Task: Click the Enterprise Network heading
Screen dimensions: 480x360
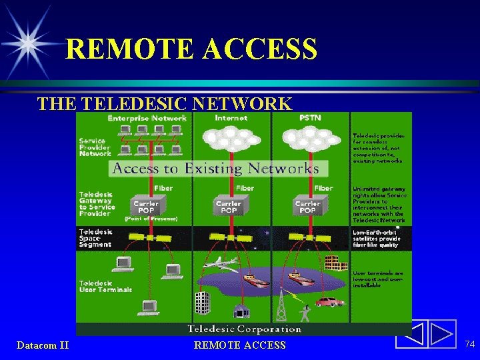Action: tap(147, 118)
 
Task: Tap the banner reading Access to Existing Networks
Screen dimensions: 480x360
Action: tap(216, 168)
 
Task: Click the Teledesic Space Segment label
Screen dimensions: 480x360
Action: tap(96, 238)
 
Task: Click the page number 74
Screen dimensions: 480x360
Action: tap(469, 343)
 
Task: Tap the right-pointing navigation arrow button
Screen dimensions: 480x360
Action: tap(441, 334)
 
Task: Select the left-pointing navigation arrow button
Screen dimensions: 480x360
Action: tap(411, 334)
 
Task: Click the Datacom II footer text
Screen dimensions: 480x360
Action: tap(43, 345)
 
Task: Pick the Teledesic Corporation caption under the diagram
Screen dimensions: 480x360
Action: tap(244, 329)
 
